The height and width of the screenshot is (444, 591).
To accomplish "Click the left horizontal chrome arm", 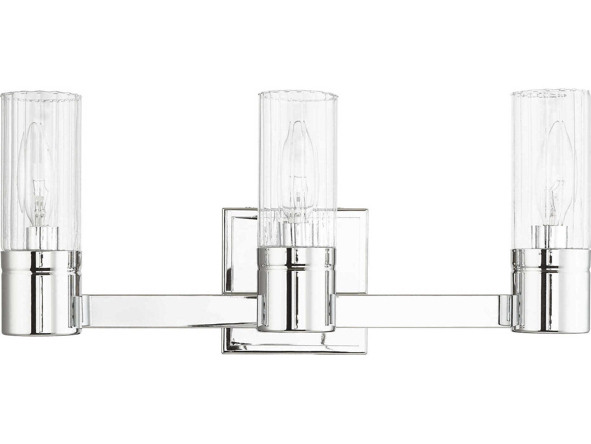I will click(x=169, y=310).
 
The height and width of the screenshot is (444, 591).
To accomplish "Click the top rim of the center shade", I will click(x=297, y=93).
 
